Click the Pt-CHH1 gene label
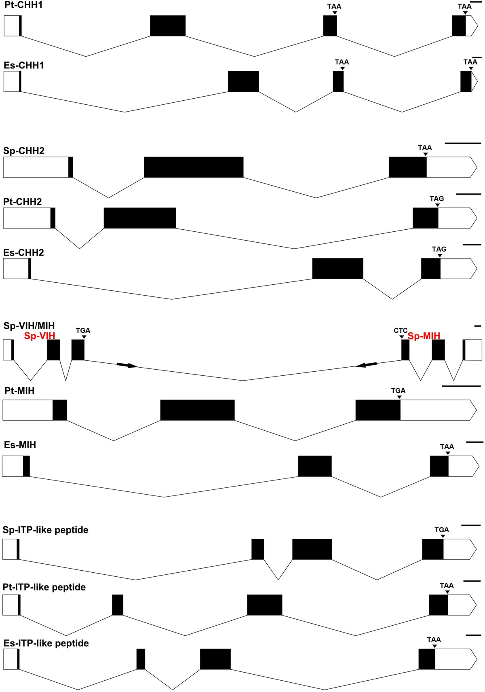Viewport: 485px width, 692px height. tap(23, 6)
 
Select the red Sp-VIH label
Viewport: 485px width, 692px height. tap(40, 336)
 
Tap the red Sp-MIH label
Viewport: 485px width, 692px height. tap(424, 336)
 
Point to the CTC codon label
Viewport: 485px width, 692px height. tap(401, 331)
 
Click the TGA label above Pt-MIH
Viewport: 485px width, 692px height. tap(398, 391)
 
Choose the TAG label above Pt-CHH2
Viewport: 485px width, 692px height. tap(436, 199)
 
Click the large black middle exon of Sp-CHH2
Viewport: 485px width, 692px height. tap(194, 167)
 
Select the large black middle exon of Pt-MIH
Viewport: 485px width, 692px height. tap(197, 410)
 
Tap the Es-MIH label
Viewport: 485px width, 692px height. tap(20, 445)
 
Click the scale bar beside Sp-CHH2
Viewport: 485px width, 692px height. tap(463, 143)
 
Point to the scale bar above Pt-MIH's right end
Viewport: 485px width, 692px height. tap(461, 386)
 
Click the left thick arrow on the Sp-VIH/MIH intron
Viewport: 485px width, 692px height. tap(127, 365)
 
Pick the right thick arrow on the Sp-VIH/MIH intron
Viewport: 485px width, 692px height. tap(366, 365)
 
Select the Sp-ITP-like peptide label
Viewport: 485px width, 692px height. tap(45, 530)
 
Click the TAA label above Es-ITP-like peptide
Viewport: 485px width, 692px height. tap(434, 640)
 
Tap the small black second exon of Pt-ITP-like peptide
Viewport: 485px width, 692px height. tap(118, 605)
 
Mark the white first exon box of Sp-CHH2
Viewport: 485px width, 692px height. tap(36, 167)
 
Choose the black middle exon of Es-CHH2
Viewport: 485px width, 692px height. tap(337, 269)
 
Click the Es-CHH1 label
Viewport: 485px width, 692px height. tap(24, 66)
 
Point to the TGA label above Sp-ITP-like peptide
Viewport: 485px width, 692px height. tap(441, 530)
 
